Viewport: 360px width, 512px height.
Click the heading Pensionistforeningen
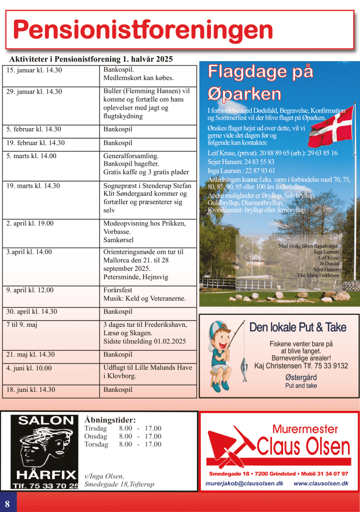pos(143,30)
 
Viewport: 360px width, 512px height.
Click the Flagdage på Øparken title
pos(260,83)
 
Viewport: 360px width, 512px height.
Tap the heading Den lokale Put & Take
pos(297,327)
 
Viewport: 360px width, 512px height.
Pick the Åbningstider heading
pos(110,420)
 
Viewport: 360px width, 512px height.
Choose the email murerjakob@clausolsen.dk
pos(244,483)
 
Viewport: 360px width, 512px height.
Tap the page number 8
pos(7,502)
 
